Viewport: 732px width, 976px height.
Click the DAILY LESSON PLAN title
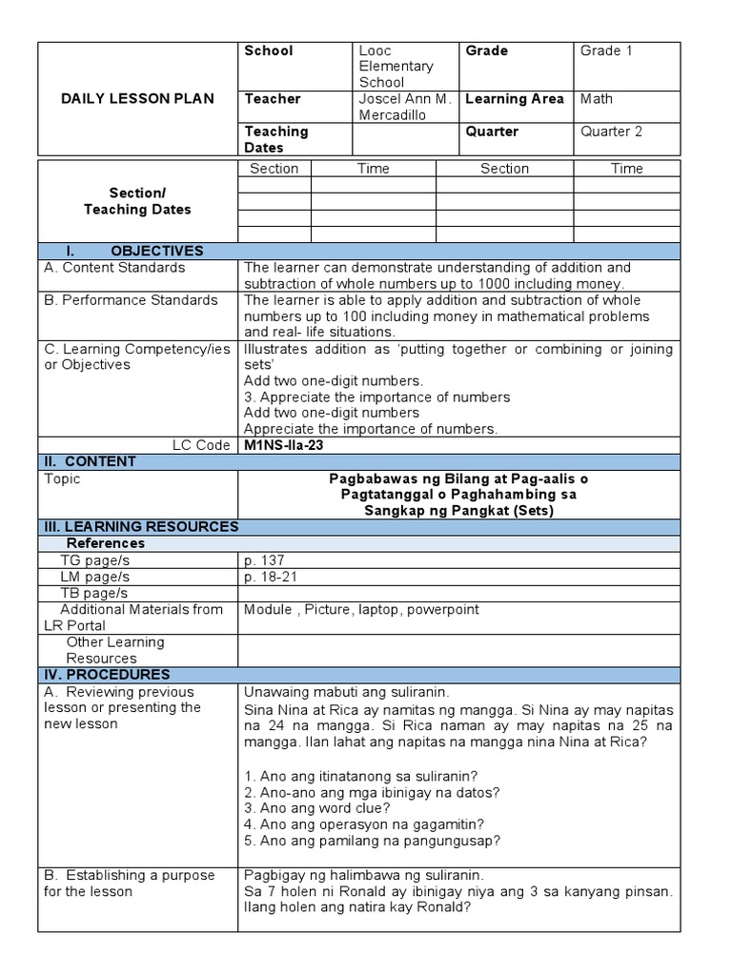(136, 98)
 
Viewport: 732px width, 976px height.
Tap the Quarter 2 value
(612, 132)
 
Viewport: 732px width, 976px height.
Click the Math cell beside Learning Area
(597, 99)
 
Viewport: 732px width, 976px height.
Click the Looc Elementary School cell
(396, 67)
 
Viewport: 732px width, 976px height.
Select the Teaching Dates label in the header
(276, 139)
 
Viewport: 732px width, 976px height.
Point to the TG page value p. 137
(264, 559)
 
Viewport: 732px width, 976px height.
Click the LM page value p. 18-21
(271, 577)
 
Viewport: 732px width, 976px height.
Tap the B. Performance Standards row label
(132, 300)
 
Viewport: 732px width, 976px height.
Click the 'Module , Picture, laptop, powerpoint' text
(361, 609)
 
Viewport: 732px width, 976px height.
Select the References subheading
(105, 543)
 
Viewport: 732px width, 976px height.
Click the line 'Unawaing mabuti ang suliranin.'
(345, 692)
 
